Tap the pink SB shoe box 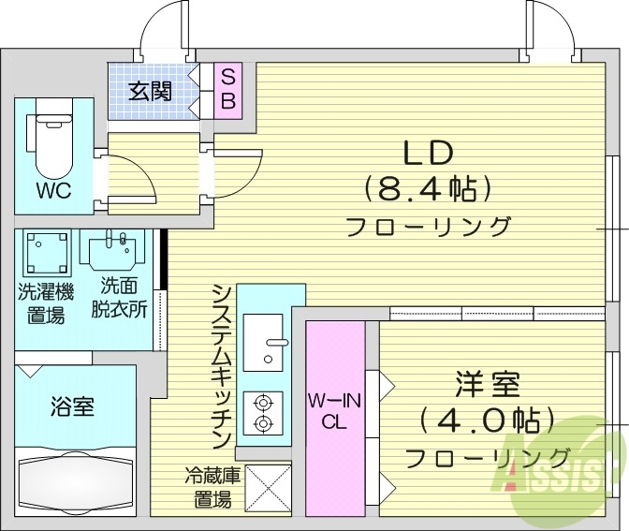[227, 90]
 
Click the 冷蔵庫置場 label [207, 487]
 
